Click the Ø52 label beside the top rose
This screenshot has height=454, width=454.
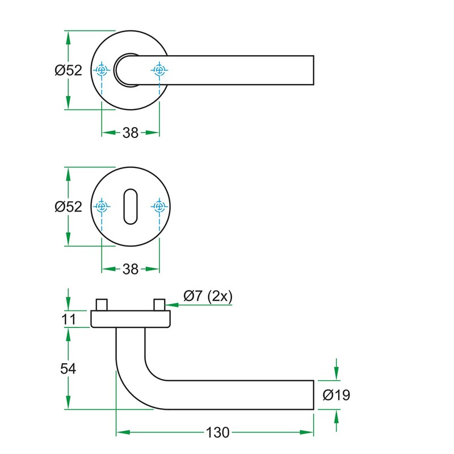69,70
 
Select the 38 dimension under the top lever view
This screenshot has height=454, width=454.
131,133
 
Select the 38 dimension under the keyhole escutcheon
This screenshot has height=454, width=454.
131,269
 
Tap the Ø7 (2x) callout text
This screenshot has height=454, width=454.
208,296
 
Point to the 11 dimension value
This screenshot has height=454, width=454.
69,320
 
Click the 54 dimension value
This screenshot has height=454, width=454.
68,368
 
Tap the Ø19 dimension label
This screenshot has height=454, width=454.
336,395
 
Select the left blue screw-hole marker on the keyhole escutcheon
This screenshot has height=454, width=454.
102,207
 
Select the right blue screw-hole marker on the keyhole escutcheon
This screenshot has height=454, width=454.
159,207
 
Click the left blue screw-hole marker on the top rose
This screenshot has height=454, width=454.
102,70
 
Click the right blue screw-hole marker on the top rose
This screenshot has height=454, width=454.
159,70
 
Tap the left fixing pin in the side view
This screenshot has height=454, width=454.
102,304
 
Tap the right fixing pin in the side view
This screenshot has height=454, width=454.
159,304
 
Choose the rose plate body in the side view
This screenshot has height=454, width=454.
131,319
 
